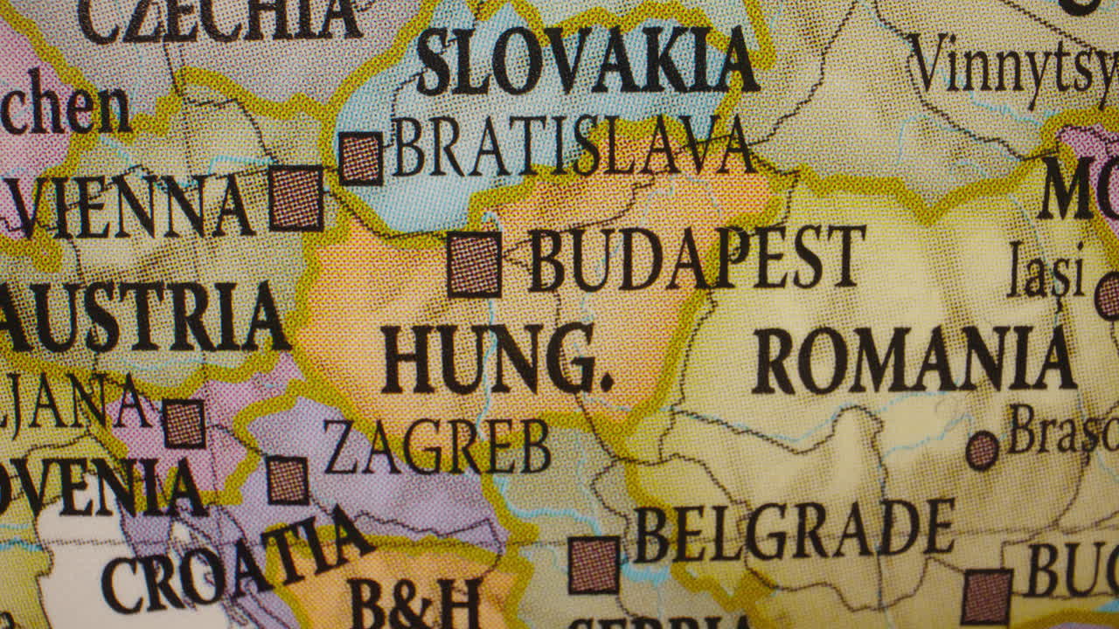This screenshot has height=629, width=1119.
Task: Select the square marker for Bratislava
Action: [x=360, y=158]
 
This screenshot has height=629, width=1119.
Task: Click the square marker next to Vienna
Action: [x=296, y=198]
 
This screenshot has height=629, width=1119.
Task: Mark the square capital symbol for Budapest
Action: [x=475, y=265]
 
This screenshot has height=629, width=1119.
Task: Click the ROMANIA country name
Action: [x=914, y=359]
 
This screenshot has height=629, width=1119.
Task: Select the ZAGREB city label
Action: [x=437, y=446]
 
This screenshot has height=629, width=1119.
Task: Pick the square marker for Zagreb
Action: [x=287, y=480]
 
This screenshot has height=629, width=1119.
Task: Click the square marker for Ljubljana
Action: [x=184, y=424]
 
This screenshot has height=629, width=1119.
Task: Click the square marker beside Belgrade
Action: [x=594, y=565]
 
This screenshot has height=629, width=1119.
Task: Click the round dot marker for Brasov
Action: [x=982, y=451]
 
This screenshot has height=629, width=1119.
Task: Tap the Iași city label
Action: [x=1046, y=270]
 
